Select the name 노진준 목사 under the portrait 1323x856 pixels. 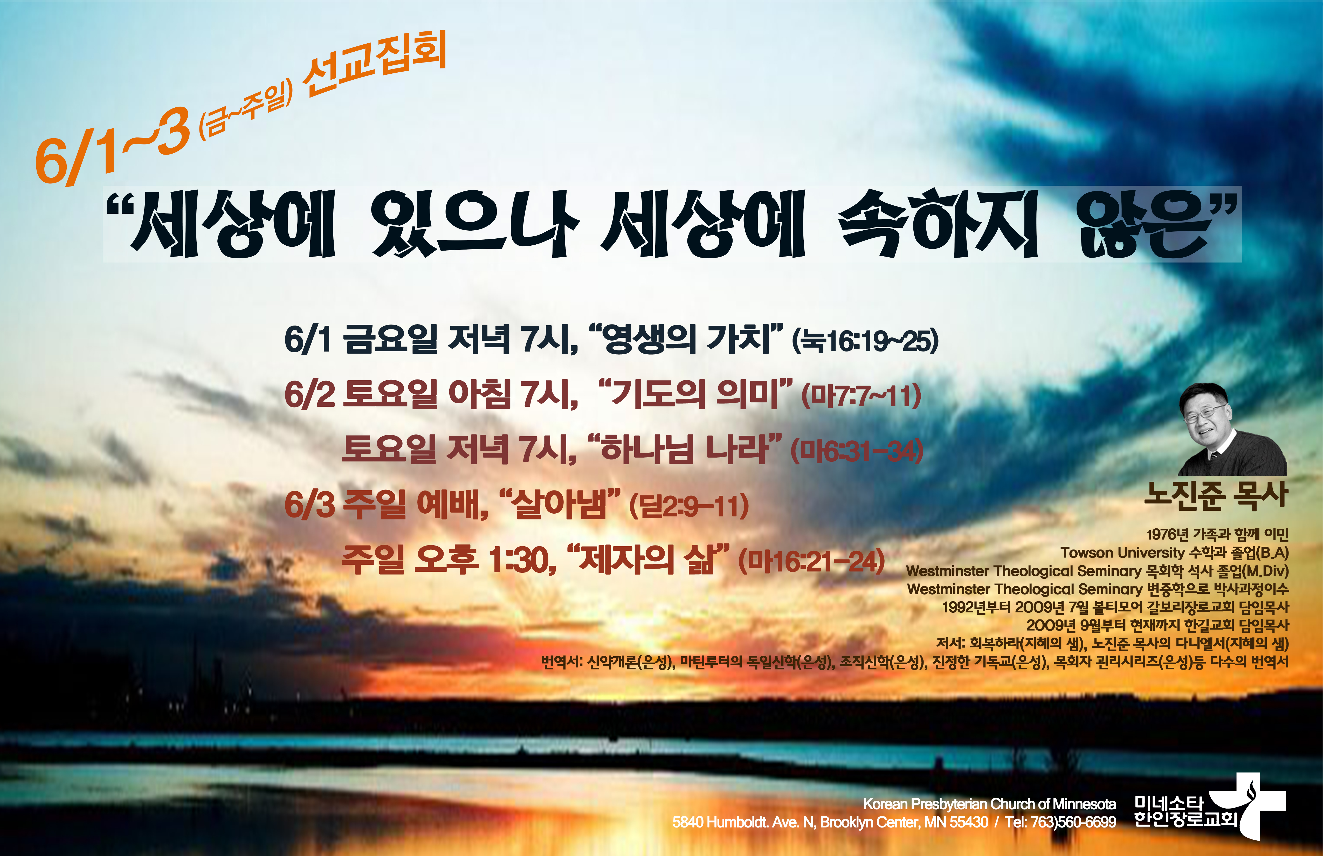1216,495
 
